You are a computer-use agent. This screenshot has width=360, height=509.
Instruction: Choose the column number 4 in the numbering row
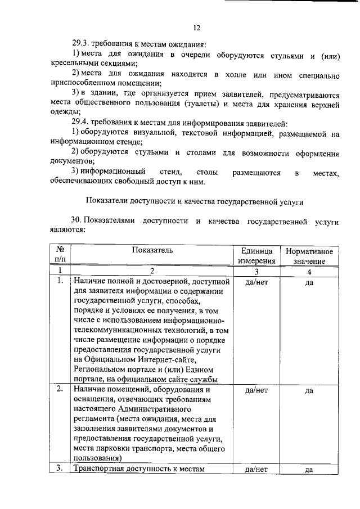309,272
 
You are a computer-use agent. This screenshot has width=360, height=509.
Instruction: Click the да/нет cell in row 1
256,282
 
